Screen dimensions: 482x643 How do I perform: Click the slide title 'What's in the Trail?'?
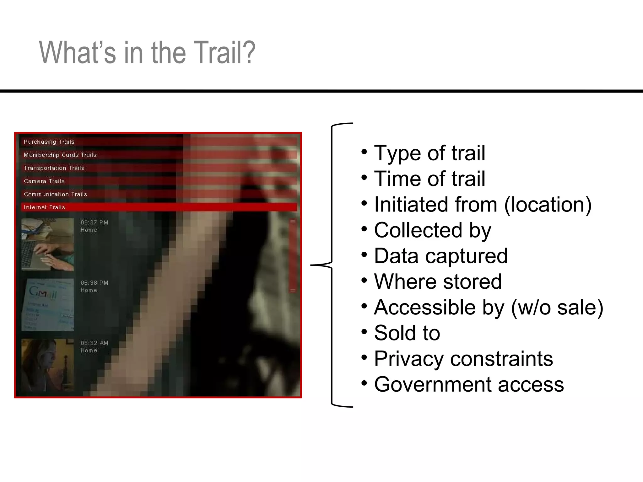coord(147,52)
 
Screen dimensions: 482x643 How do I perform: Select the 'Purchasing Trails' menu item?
coord(49,142)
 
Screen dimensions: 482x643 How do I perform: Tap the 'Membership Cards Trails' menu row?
coord(60,155)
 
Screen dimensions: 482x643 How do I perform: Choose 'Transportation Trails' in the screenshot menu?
coord(54,168)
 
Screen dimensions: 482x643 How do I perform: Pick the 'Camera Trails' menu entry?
coord(44,181)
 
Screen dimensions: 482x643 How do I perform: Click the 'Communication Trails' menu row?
coord(56,194)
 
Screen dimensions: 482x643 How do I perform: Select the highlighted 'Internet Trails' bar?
coord(159,207)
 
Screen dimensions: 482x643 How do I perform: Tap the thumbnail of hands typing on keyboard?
coord(48,244)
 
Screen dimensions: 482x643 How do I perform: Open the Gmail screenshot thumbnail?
coord(48,304)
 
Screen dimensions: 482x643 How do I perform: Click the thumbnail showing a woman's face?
coord(48,365)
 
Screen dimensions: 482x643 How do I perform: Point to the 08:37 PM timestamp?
coord(94,222)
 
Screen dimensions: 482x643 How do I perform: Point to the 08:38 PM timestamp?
coord(94,283)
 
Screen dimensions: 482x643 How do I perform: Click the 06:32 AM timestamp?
coord(94,343)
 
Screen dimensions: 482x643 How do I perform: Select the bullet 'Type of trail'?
coord(429,153)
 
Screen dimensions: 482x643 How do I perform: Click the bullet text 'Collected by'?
coord(432,230)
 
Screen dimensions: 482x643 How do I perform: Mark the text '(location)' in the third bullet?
coord(548,205)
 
